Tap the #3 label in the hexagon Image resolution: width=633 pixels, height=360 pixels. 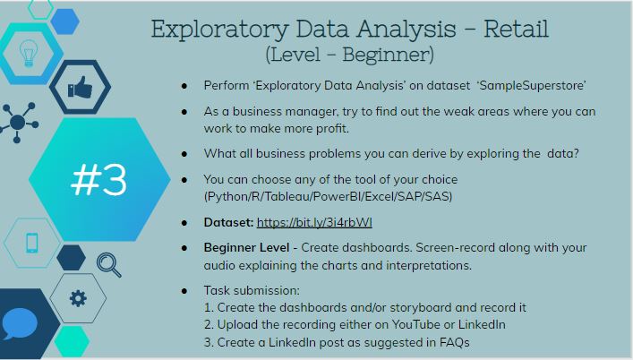pyautogui.click(x=98, y=180)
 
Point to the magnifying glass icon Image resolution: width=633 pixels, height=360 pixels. pyautogui.click(x=108, y=262)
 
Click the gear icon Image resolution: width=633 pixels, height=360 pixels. pyautogui.click(x=78, y=297)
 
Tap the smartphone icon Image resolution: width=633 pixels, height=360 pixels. pyautogui.click(x=32, y=244)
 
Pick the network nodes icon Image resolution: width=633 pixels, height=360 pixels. pyautogui.click(x=17, y=120)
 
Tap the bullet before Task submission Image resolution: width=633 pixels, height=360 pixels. pyautogui.click(x=184, y=292)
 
